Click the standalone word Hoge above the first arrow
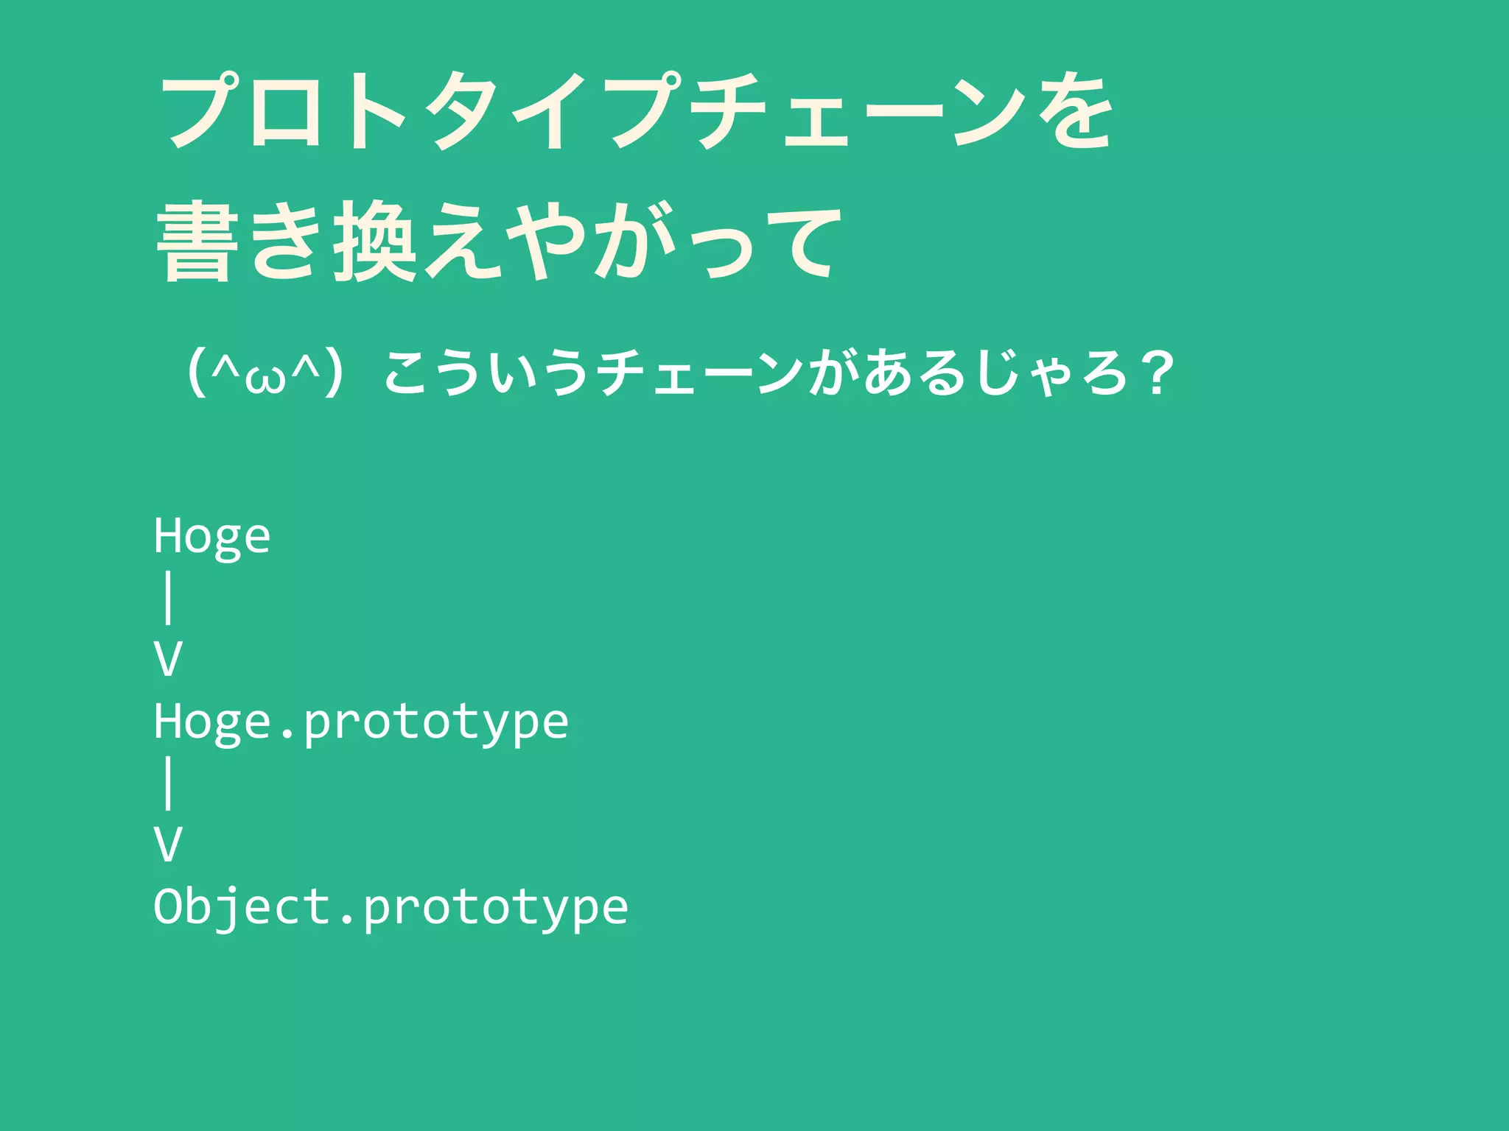pyautogui.click(x=212, y=536)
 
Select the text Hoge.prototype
pyautogui.click(x=361, y=722)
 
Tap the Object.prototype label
pyautogui.click(x=391, y=907)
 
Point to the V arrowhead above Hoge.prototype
pyautogui.click(x=168, y=659)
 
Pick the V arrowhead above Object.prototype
pyautogui.click(x=168, y=845)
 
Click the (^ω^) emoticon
pyautogui.click(x=265, y=373)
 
